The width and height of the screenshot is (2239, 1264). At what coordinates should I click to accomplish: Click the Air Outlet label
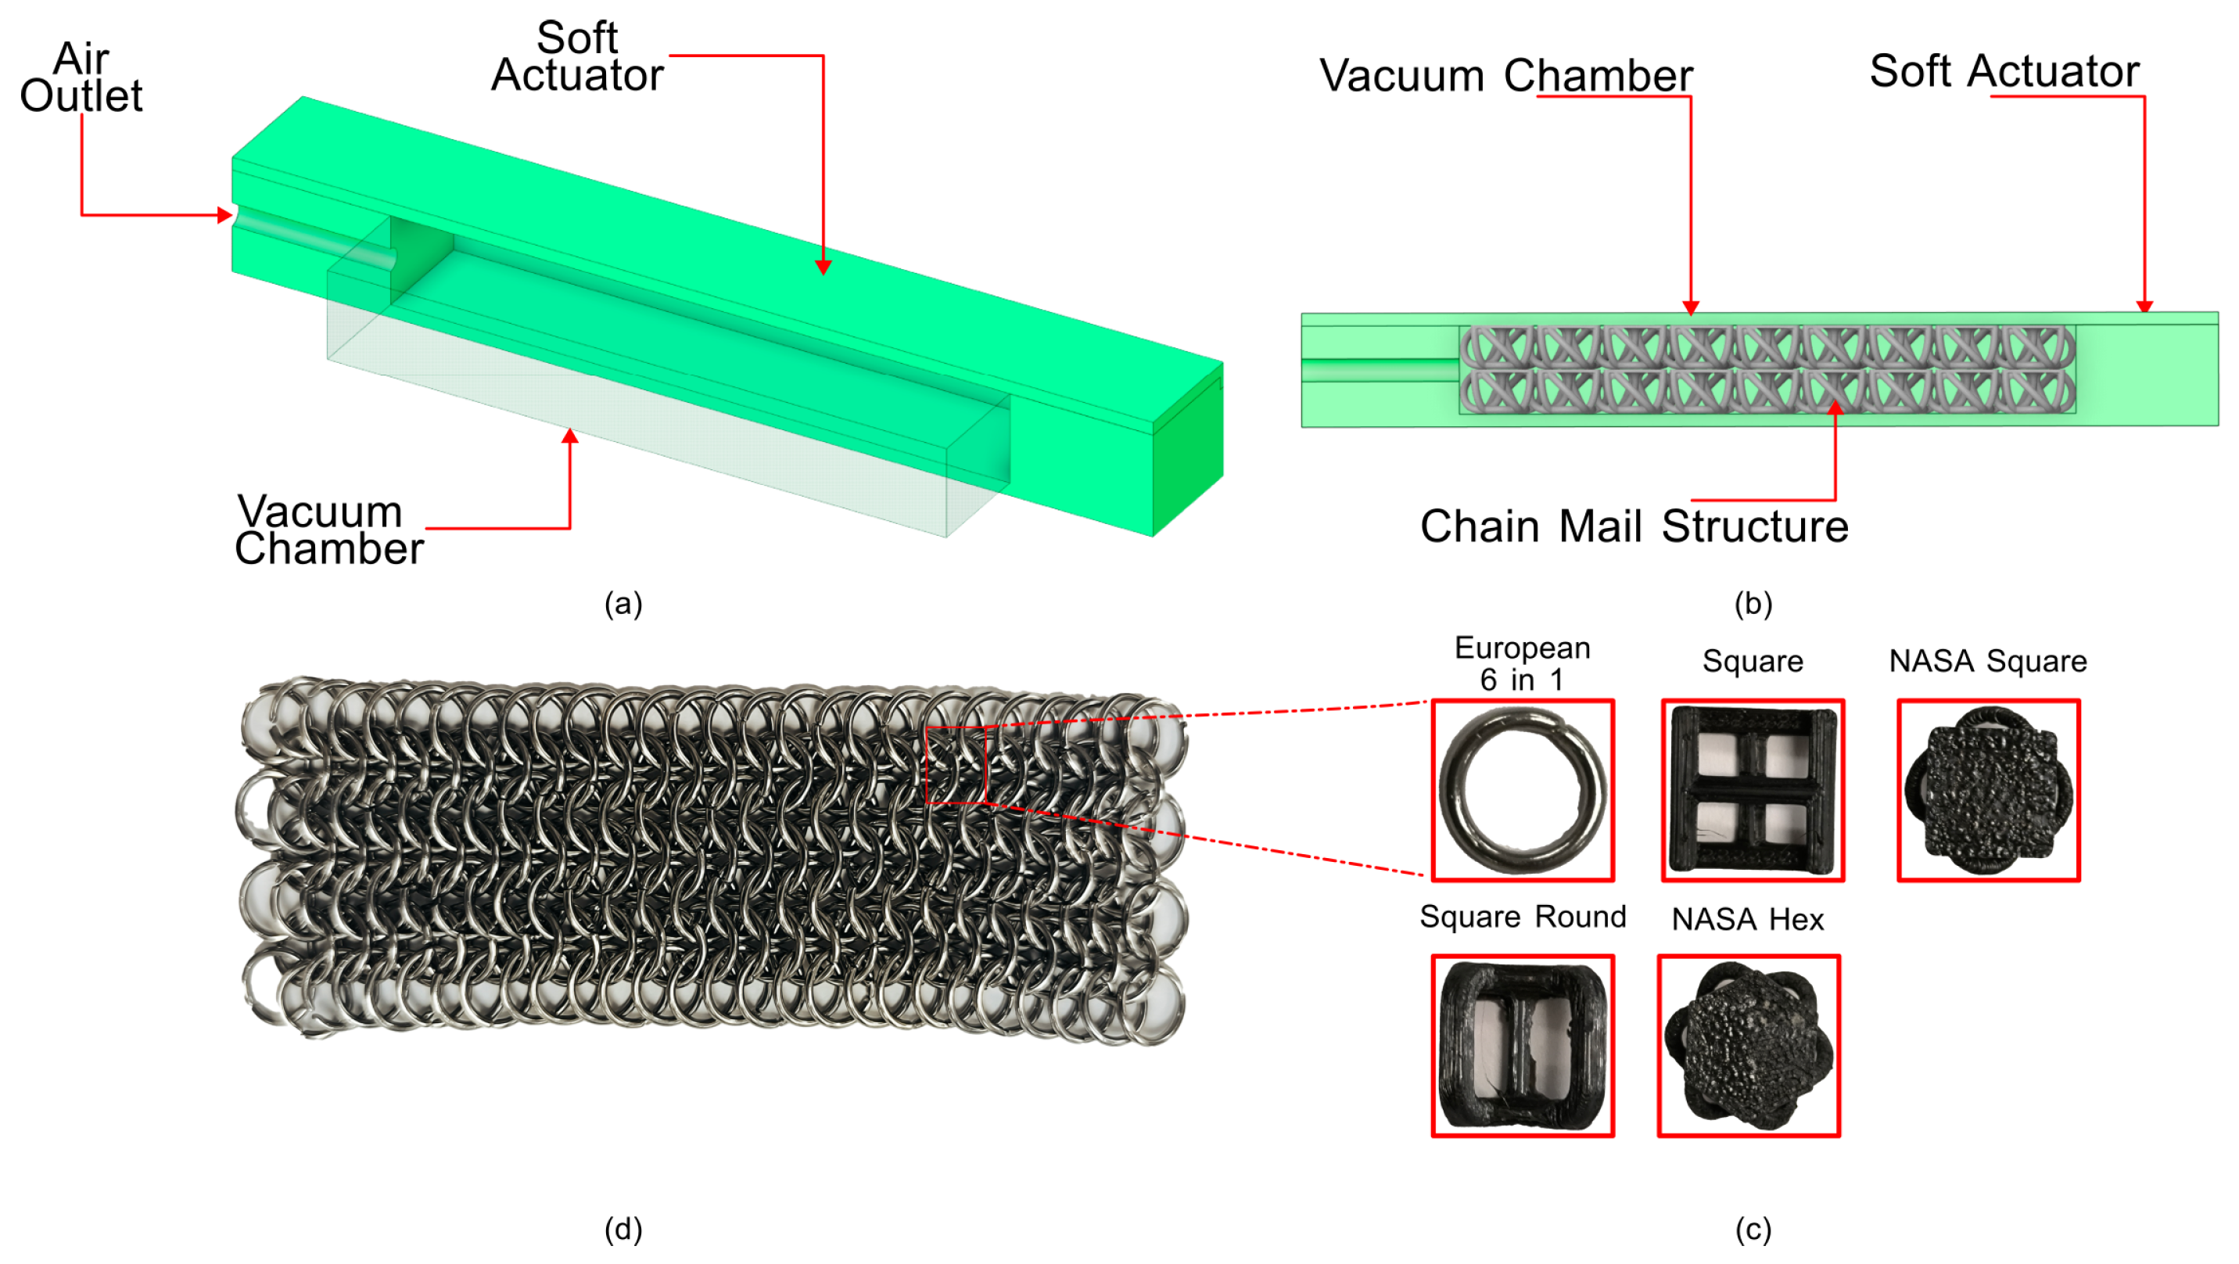point(81,77)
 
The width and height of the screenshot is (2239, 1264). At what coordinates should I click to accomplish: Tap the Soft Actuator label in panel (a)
point(577,56)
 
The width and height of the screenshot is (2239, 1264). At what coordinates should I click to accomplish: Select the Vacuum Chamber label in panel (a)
point(328,530)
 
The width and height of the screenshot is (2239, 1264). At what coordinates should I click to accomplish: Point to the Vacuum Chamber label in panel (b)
point(1505,76)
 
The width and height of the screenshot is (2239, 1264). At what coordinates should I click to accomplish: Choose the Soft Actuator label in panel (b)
point(2004,71)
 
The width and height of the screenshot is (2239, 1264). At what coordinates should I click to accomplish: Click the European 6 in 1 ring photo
point(1523,790)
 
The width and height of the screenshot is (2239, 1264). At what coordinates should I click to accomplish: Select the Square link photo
point(1753,790)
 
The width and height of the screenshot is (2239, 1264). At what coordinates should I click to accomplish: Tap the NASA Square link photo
point(1988,790)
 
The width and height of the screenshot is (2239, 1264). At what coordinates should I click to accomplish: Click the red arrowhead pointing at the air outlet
point(225,215)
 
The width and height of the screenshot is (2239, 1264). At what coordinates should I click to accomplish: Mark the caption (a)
point(623,603)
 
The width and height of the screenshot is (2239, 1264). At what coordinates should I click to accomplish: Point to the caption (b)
point(1753,603)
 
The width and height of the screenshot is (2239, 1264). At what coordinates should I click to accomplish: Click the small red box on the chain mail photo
point(956,765)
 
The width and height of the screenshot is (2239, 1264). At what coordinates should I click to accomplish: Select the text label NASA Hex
point(1748,919)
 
